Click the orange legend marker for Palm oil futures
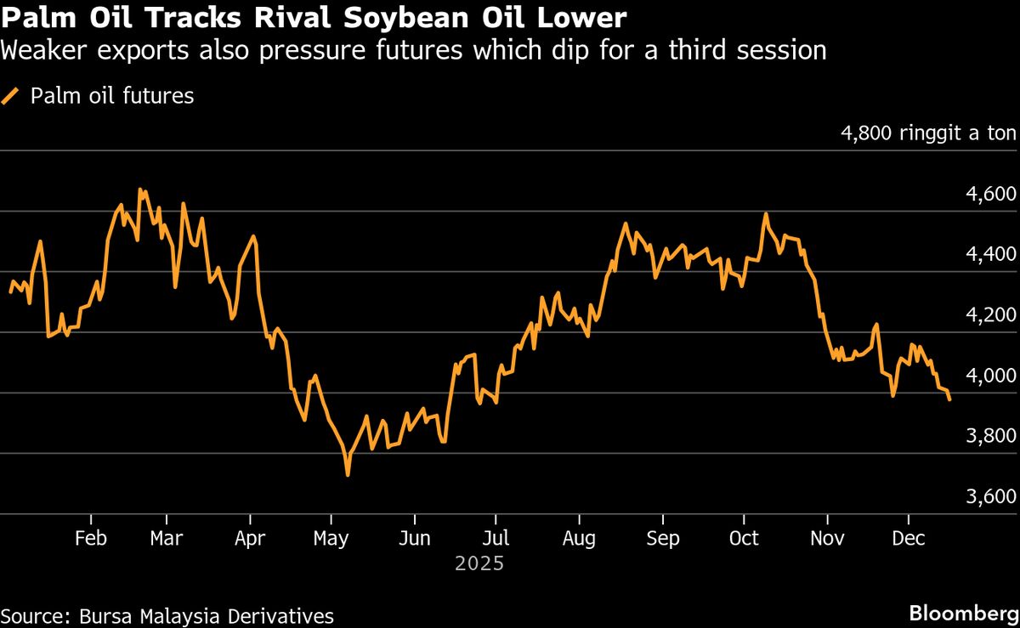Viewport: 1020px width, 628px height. (x=11, y=96)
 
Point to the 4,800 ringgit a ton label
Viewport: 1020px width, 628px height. (x=928, y=133)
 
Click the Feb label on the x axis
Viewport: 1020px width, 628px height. (x=91, y=539)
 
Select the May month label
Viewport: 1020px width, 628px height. (x=331, y=539)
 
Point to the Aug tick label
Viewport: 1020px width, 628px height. (x=579, y=539)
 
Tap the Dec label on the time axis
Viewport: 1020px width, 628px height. (x=909, y=539)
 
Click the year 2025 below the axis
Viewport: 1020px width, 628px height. (x=479, y=563)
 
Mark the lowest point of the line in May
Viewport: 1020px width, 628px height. (x=348, y=474)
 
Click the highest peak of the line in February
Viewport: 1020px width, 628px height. (x=140, y=190)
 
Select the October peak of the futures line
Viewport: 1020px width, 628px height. (x=766, y=214)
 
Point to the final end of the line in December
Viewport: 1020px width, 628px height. (x=949, y=399)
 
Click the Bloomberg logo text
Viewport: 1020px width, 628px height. (x=964, y=613)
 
